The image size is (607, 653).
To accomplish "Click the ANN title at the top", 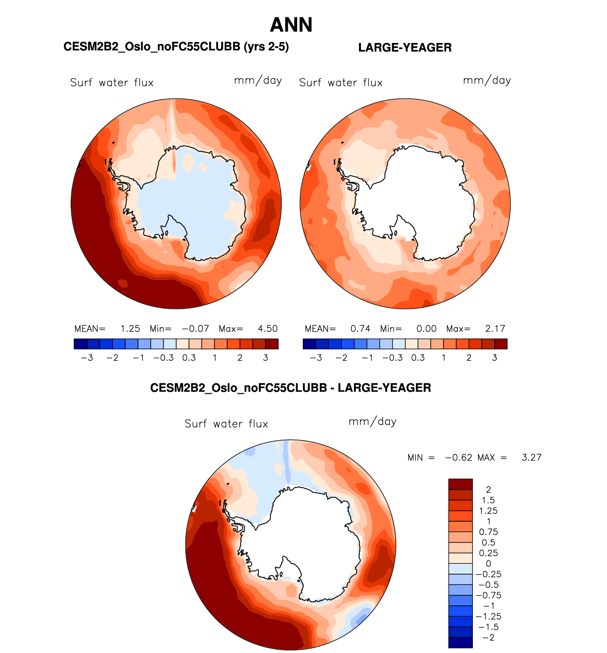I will pos(291,25).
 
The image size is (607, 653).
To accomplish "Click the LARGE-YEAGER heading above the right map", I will pos(405,48).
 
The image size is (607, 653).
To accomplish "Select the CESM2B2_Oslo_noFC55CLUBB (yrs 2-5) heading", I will pos(176,47).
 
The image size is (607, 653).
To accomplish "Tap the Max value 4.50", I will pos(267,329).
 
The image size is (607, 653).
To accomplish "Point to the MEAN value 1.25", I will pos(130,329).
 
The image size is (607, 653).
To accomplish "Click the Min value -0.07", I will pos(195,329).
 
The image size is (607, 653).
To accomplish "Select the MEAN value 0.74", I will pos(360,329).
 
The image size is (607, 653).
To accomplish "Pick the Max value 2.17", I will pos(495,329).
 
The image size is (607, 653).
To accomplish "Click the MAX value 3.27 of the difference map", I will pos(531,458).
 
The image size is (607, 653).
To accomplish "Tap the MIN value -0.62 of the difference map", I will pos(459,458).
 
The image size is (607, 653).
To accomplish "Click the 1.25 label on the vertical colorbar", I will pos(488,511).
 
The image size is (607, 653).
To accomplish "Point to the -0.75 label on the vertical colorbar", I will pos(488,595).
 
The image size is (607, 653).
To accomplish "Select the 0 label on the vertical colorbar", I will pos(488,564).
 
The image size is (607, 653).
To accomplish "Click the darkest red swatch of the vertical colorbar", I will pos(460,484).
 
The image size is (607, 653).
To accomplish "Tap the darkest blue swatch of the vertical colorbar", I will pos(460,643).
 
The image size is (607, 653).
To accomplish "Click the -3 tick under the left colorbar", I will pos(87,358).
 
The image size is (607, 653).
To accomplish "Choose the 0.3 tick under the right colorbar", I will pos(418,358).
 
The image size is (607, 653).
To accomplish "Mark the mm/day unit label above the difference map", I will pos(372,422).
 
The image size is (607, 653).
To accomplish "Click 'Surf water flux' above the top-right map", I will pos(341,83).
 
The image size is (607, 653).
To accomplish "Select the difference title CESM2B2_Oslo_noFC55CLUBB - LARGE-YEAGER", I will pos(291,388).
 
